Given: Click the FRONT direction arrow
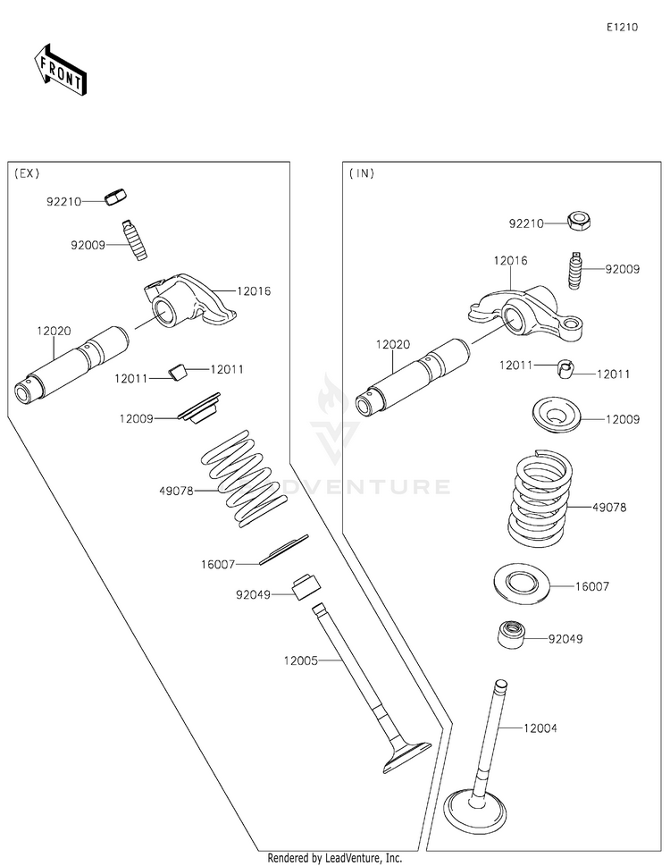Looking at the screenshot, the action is [x=60, y=69].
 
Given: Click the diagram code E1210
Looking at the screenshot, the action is [x=623, y=27].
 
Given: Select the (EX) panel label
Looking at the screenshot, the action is [x=27, y=173].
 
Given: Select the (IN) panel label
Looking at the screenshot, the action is [x=362, y=173].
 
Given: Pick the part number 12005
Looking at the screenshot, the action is [x=301, y=660].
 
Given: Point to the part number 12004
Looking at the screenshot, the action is [x=540, y=728].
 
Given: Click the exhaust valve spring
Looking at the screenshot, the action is [x=244, y=478].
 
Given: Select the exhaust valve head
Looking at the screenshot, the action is [x=406, y=757].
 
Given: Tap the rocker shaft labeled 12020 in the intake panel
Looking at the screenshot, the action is [x=412, y=377].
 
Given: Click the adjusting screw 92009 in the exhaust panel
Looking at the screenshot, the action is [x=134, y=240].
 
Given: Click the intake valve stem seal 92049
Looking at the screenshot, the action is [x=511, y=635].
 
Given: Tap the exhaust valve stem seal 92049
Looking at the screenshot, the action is [x=306, y=587].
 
